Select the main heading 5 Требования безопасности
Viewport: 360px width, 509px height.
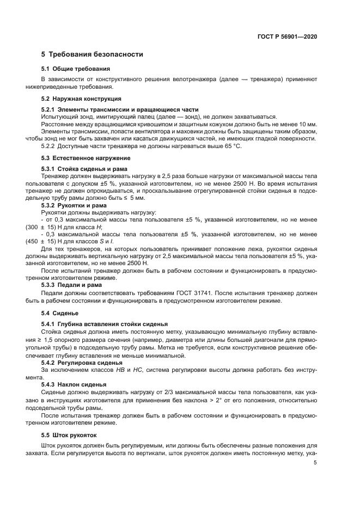(92, 54)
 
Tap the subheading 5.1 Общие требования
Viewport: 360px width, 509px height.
(76, 69)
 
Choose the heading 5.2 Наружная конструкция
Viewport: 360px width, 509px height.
(81, 99)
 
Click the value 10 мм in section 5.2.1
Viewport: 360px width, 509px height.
(309, 124)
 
